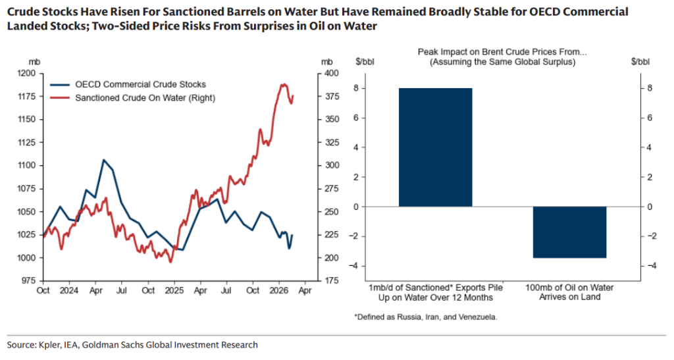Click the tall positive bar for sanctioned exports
pyautogui.click(x=435, y=147)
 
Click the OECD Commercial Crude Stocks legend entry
pyautogui.click(x=140, y=84)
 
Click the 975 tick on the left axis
pyautogui.click(x=27, y=281)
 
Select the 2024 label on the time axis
pyautogui.click(x=69, y=290)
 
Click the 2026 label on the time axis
pyautogui.click(x=280, y=290)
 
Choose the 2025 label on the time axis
pyautogui.click(x=175, y=290)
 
